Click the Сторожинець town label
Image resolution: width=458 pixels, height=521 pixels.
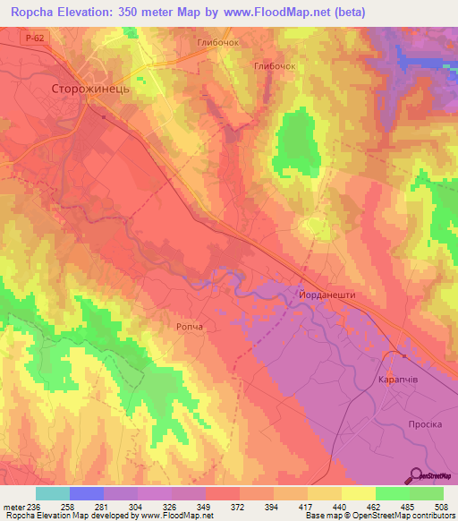(x=91, y=90)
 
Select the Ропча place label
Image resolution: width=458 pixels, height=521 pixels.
(x=189, y=328)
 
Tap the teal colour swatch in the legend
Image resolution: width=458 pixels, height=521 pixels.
(x=53, y=493)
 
